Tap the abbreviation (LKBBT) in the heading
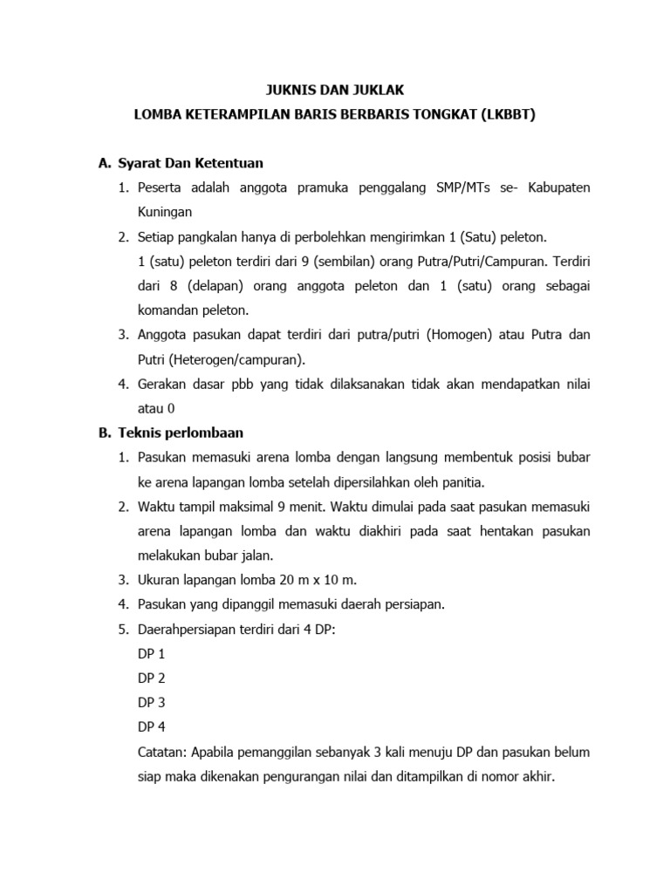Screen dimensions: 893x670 [504, 114]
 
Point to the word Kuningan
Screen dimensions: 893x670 [165, 212]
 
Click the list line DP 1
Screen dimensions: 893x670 [151, 653]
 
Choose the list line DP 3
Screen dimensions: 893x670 [151, 702]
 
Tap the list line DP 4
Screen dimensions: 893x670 [151, 726]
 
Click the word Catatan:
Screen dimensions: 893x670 [166, 751]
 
